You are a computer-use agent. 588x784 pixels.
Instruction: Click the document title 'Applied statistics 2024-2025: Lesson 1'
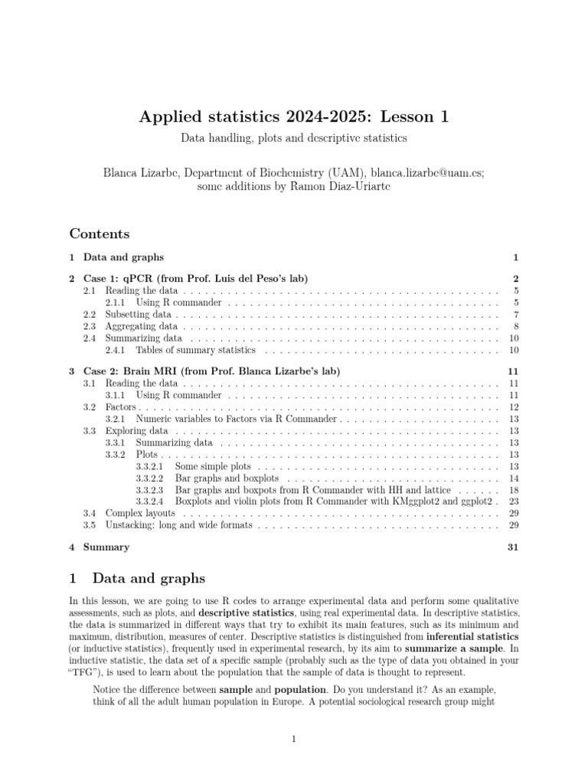pos(293,116)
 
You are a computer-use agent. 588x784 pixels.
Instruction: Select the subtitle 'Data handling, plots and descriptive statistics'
pos(293,139)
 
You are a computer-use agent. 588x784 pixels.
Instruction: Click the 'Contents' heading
pos(100,234)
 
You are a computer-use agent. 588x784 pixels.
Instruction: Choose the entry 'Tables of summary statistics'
pos(195,350)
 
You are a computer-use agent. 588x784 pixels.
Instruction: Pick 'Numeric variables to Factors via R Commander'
pos(236,420)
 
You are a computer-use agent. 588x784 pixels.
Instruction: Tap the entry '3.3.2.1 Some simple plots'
pos(218,466)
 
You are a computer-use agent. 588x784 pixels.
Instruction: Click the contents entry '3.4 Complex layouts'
pos(140,513)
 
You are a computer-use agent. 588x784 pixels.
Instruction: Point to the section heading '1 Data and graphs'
pos(138,577)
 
